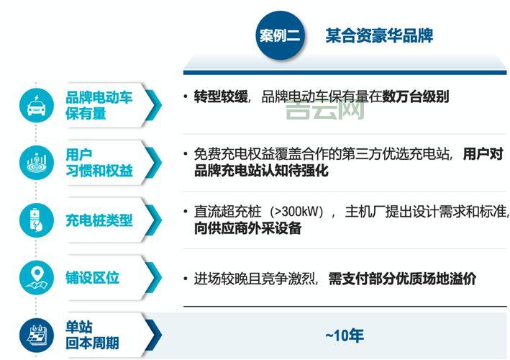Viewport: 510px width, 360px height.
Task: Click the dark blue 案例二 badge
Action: (x=279, y=35)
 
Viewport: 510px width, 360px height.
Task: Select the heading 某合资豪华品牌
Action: (x=378, y=35)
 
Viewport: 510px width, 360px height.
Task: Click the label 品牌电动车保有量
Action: (x=99, y=105)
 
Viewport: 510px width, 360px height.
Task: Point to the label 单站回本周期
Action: (x=92, y=335)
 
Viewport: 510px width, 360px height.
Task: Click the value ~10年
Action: (x=345, y=336)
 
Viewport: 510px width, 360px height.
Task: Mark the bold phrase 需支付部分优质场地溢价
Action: (x=402, y=279)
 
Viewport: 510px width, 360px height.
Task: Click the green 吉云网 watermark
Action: (x=324, y=110)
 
